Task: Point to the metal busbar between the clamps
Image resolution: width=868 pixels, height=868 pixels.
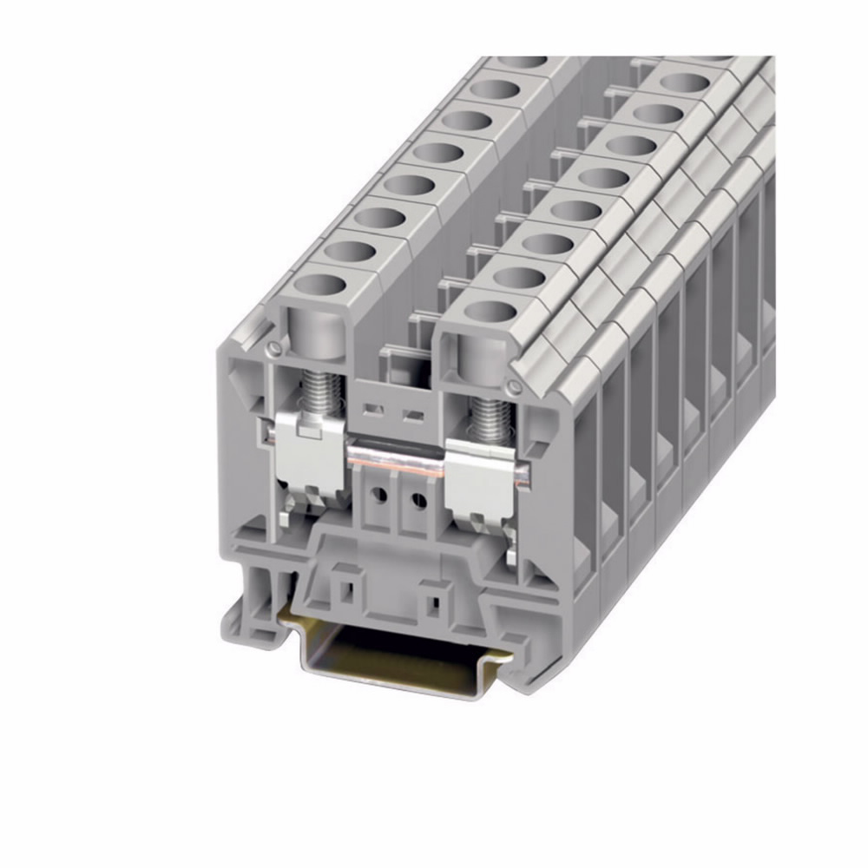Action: click(x=396, y=457)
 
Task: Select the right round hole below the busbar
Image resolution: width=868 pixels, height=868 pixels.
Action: click(x=418, y=501)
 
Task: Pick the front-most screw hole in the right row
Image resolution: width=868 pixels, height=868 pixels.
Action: click(x=491, y=312)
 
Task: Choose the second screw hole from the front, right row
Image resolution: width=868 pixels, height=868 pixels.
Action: click(x=520, y=277)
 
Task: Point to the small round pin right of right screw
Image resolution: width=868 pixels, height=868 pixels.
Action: click(x=517, y=385)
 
